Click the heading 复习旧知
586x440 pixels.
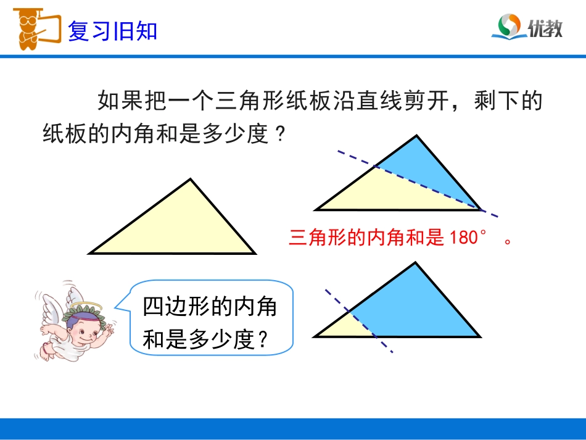click(x=112, y=31)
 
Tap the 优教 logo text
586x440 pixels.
click(x=545, y=28)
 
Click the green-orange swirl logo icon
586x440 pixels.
click(x=510, y=27)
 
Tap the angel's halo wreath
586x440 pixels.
click(x=83, y=307)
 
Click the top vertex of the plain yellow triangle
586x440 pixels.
click(x=191, y=180)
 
